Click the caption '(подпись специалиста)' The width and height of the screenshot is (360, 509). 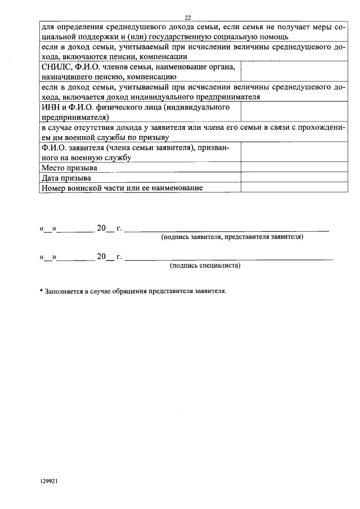205,265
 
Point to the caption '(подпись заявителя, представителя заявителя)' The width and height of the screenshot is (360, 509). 232,237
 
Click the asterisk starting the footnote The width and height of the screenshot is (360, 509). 41,292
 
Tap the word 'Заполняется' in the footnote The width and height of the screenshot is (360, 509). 64,292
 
